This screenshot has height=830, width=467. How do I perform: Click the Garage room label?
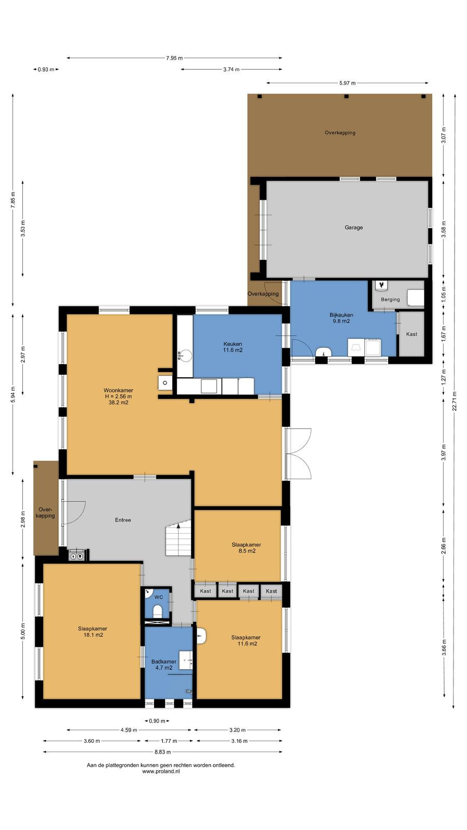(353, 228)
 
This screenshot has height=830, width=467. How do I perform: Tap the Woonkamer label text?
(118, 390)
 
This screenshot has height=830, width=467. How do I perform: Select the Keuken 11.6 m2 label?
(233, 347)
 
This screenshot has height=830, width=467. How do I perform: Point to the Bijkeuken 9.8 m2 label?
(341, 318)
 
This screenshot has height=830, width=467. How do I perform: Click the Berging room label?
(390, 299)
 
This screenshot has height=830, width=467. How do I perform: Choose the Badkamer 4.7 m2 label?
(164, 665)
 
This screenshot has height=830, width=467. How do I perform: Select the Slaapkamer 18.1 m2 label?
(93, 631)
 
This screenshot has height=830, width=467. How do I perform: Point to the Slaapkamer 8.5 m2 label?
(246, 548)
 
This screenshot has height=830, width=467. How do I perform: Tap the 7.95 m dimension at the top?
(174, 58)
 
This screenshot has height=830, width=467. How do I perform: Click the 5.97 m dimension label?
(347, 83)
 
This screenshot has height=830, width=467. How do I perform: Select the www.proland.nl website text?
(161, 771)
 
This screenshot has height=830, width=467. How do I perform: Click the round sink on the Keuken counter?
(185, 356)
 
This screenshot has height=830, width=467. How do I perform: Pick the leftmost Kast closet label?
(205, 591)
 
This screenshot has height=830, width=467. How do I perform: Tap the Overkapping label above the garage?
(340, 133)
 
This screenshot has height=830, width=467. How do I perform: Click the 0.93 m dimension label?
(46, 70)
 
